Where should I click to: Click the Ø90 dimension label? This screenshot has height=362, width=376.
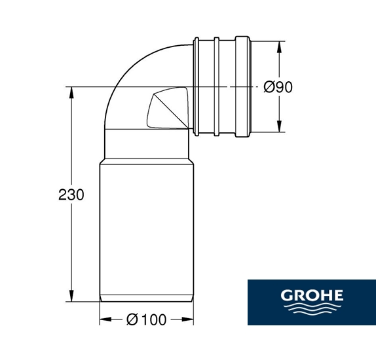coord(278,87)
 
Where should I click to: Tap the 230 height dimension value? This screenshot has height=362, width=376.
coord(71,194)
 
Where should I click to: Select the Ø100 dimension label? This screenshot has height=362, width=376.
coord(146,319)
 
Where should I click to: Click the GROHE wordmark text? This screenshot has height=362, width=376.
coord(312,295)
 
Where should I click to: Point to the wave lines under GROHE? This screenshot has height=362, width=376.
coord(312,308)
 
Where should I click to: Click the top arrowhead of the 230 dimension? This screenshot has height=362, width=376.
coord(71,92)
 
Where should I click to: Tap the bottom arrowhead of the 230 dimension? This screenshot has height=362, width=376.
coord(71,296)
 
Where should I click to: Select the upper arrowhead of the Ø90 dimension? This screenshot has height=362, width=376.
coord(279,47)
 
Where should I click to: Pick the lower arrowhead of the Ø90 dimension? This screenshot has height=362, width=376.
coord(279,126)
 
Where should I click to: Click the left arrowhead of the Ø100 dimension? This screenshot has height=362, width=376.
coord(105,319)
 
